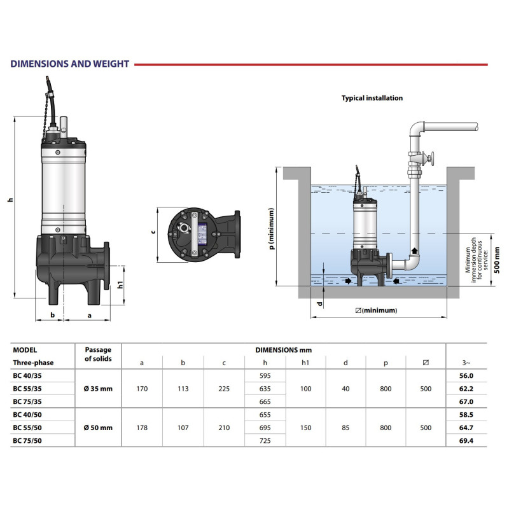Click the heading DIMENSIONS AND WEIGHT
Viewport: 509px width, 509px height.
pyautogui.click(x=70, y=64)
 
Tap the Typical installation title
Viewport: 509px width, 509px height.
pyautogui.click(x=372, y=99)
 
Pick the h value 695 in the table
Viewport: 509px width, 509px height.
pyautogui.click(x=265, y=428)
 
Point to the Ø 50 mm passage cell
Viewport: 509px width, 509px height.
pyautogui.click(x=97, y=428)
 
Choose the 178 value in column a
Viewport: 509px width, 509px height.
pyautogui.click(x=142, y=428)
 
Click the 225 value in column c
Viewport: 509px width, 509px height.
pyautogui.click(x=224, y=389)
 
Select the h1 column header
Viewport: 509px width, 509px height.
pyautogui.click(x=305, y=363)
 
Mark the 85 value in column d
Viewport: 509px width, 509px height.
pyautogui.click(x=345, y=428)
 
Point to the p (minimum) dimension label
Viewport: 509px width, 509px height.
pyautogui.click(x=271, y=229)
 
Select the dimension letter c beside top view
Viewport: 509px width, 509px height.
pyautogui.click(x=153, y=232)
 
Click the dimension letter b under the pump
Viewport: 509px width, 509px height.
pyautogui.click(x=53, y=315)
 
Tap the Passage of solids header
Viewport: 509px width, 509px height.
pyautogui.click(x=97, y=354)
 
